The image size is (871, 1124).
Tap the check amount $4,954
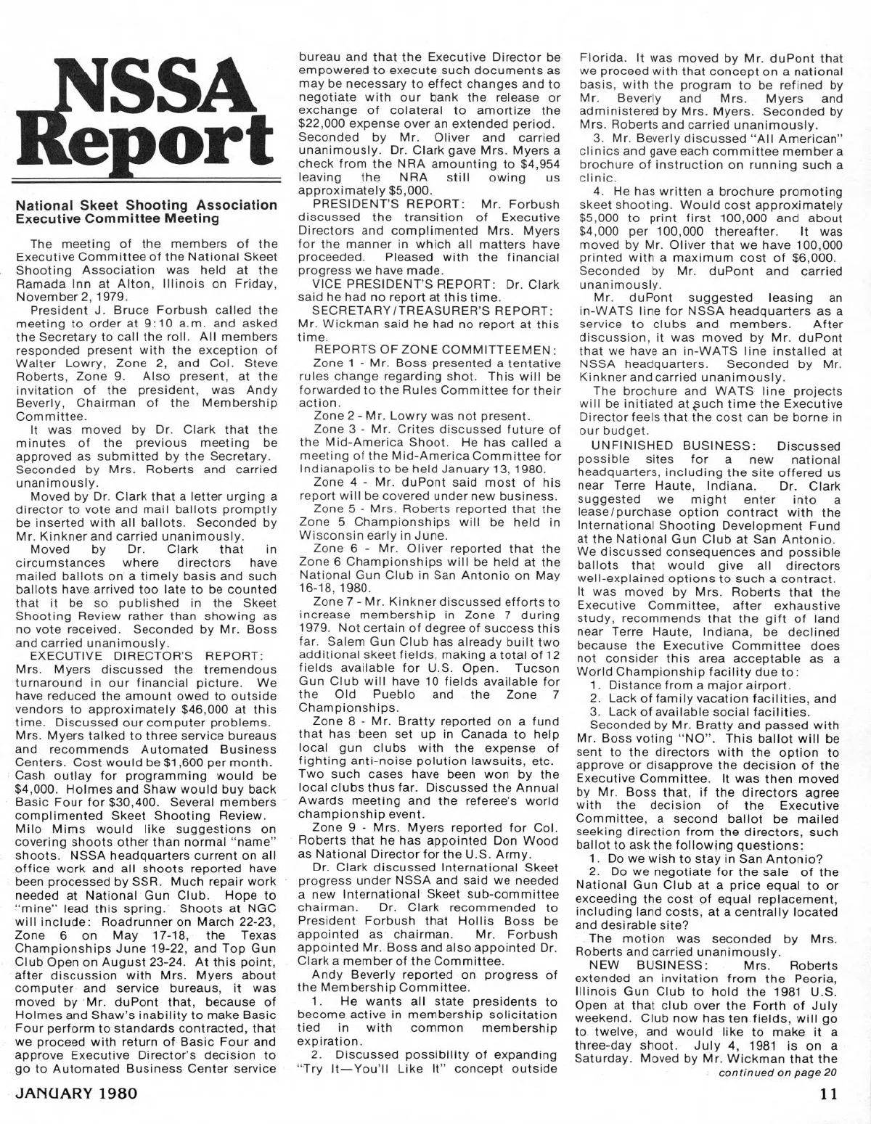[539, 164]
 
